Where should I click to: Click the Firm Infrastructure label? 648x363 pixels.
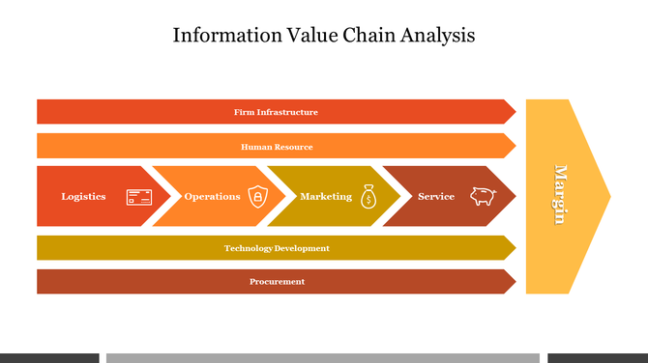pos(276,112)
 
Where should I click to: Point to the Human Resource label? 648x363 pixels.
pos(277,147)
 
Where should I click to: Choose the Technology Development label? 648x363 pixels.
pos(277,248)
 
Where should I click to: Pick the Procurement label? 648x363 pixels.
pos(277,282)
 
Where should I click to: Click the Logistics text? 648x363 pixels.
pos(84,197)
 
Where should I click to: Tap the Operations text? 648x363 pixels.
pos(212,197)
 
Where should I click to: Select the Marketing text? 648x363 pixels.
pos(326,197)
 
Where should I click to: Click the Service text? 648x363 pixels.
pos(436,197)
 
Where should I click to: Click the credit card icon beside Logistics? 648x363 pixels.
pos(139,197)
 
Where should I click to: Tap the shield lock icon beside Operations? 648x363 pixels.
pos(257,197)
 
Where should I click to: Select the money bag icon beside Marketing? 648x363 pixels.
pos(368,197)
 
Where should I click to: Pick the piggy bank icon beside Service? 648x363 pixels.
pos(483,196)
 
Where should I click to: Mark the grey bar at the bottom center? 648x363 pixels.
pos(322,358)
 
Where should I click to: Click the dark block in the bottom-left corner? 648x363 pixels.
pos(48,358)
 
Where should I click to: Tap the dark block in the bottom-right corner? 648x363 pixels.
pos(598,358)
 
